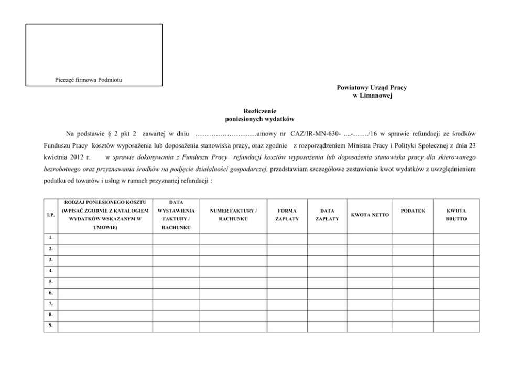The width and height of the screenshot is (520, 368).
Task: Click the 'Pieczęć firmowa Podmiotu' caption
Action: pyautogui.click(x=89, y=79)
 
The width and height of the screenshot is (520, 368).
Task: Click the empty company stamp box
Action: pyautogui.click(x=94, y=50)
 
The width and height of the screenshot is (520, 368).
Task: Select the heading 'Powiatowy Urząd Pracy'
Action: pyautogui.click(x=371, y=88)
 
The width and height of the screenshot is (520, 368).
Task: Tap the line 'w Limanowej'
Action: pyautogui.click(x=372, y=96)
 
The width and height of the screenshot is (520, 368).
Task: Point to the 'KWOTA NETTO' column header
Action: pyautogui.click(x=370, y=215)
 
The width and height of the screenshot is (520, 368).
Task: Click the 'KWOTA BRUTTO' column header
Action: pyautogui.click(x=456, y=215)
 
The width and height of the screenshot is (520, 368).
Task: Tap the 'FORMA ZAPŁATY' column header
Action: pyautogui.click(x=287, y=215)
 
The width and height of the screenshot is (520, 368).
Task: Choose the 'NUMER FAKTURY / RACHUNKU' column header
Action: pyautogui.click(x=233, y=215)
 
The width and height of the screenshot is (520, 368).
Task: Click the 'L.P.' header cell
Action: pyautogui.click(x=51, y=215)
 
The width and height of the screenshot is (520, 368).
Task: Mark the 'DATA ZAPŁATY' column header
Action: pyautogui.click(x=327, y=215)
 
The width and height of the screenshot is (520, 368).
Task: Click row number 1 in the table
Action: pyautogui.click(x=51, y=238)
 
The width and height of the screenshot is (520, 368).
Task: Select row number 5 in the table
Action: pyautogui.click(x=51, y=282)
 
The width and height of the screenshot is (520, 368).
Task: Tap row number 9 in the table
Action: pyautogui.click(x=51, y=327)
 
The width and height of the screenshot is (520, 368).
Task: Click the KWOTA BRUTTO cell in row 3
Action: pyautogui.click(x=456, y=260)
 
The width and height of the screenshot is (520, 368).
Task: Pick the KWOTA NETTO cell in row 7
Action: pyautogui.click(x=370, y=304)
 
